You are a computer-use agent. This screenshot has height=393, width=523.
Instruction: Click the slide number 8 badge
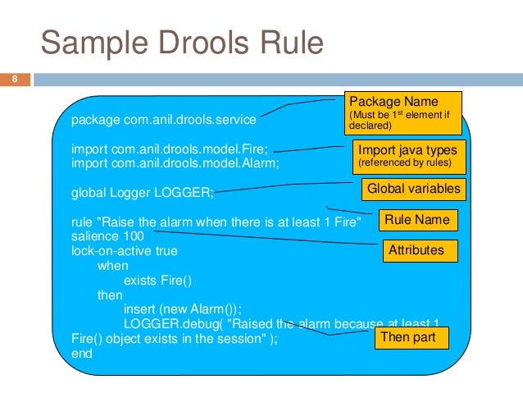tap(15, 80)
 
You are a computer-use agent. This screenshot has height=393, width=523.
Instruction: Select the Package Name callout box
tap(402, 112)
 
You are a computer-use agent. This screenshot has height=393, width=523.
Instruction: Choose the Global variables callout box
tap(413, 190)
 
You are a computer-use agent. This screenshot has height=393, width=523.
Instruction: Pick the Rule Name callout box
tap(416, 220)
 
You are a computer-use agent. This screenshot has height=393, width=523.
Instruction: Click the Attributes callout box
tap(416, 250)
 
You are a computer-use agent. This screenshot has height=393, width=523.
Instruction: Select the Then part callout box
tap(410, 337)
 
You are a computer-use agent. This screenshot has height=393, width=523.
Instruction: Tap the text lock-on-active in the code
tap(111, 251)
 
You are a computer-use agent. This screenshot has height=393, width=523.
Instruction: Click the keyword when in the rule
tap(112, 266)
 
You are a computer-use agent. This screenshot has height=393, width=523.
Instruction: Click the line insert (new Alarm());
tap(182, 309)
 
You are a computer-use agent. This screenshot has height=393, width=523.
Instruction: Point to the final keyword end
tap(82, 354)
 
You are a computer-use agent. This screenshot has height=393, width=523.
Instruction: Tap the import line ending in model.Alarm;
tap(175, 163)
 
